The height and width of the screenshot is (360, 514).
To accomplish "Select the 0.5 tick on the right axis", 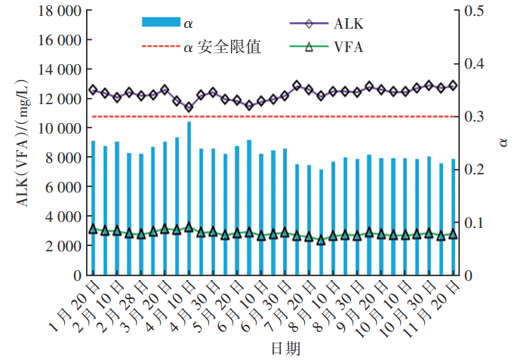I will click(x=477, y=11).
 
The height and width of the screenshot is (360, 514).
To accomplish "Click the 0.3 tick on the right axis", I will click(x=477, y=116).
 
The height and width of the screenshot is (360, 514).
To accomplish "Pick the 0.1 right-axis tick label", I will click(x=477, y=223).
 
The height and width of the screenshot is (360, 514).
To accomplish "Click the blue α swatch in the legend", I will click(x=159, y=24).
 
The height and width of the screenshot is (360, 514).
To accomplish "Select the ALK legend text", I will click(x=348, y=24).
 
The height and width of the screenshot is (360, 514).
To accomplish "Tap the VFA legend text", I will click(x=348, y=48).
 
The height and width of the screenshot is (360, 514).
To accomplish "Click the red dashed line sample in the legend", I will click(x=159, y=48).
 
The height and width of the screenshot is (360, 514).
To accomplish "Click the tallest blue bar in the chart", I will click(x=189, y=198).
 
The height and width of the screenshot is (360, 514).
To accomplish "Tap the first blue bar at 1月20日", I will click(x=94, y=208).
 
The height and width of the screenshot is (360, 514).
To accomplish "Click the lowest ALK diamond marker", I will click(x=189, y=107).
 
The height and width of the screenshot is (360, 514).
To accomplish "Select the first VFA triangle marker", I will click(x=94, y=229).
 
